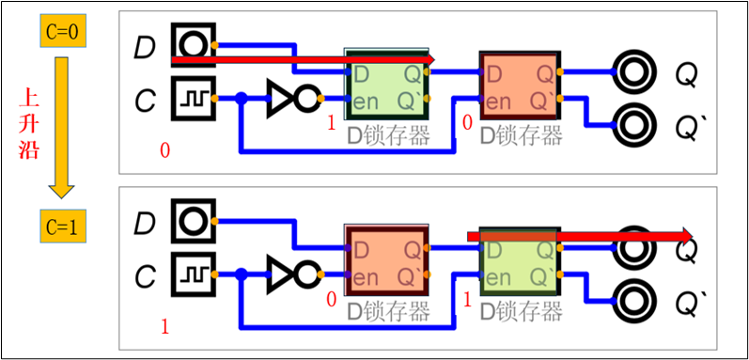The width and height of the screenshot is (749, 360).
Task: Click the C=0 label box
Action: [x=63, y=33]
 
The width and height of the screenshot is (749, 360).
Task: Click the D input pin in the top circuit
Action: [x=193, y=44]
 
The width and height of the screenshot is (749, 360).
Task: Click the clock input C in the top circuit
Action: [x=193, y=97]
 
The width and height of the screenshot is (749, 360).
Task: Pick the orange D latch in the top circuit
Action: [x=519, y=85]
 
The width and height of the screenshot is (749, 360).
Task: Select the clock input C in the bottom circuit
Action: [x=193, y=276]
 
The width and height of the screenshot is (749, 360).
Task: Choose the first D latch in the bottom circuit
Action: [x=386, y=263]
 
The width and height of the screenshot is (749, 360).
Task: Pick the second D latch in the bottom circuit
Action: [x=519, y=263]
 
